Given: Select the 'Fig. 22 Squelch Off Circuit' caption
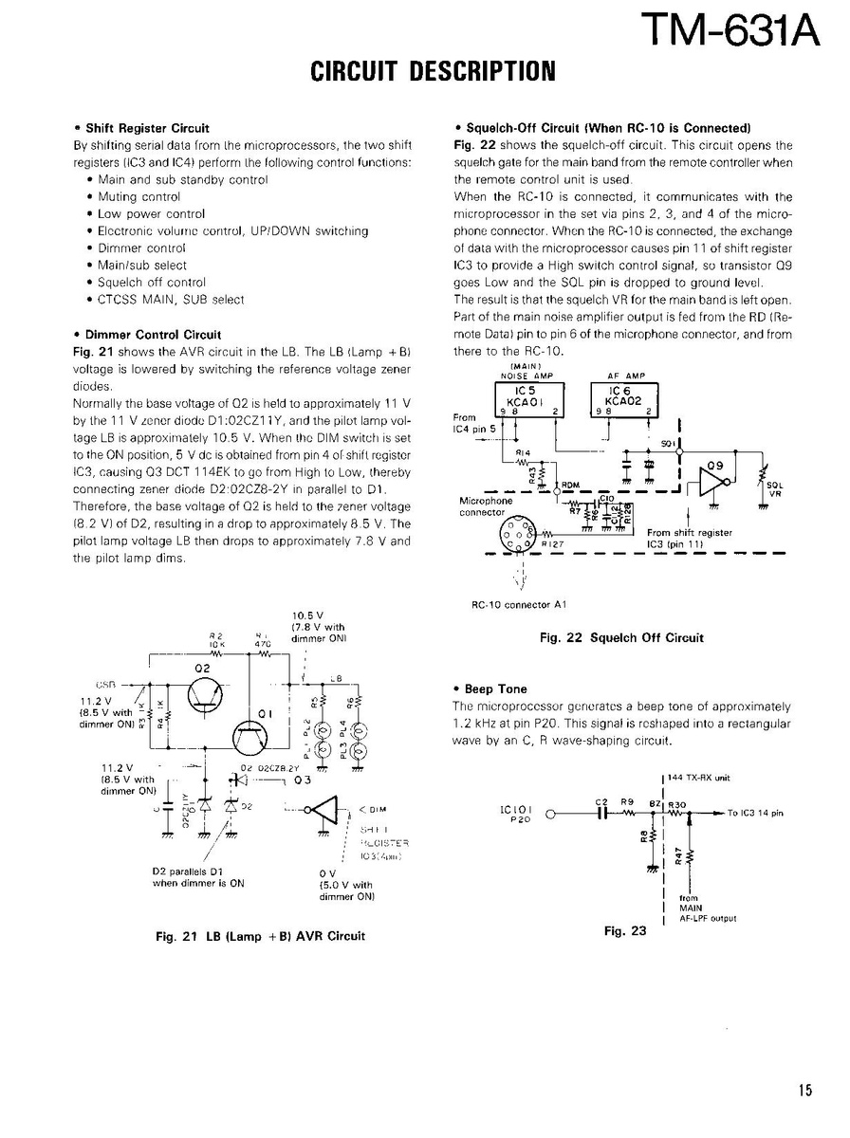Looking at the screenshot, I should pyautogui.click(x=621, y=637).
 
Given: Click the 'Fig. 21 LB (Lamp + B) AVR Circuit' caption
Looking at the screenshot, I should pyautogui.click(x=260, y=935).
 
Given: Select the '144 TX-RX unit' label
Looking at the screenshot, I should pyautogui.click(x=701, y=777).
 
